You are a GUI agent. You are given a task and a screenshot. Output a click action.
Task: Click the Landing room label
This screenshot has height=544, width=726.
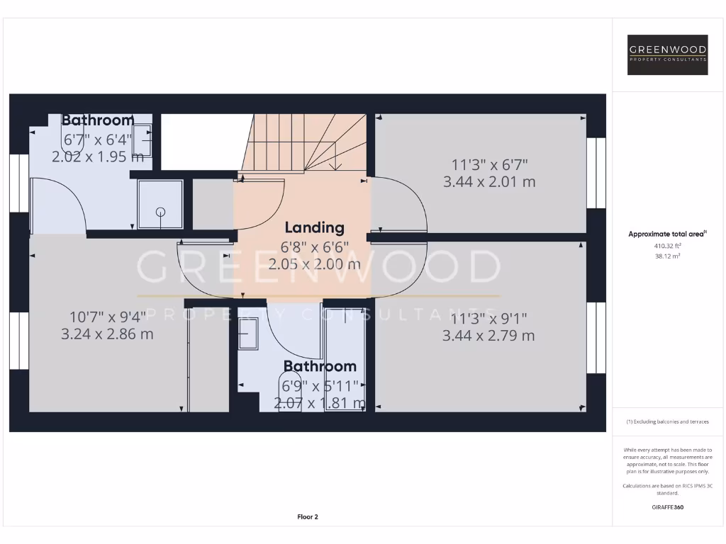point(314,227)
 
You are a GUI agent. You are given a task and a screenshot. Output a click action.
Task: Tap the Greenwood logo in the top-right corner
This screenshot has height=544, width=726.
point(668,55)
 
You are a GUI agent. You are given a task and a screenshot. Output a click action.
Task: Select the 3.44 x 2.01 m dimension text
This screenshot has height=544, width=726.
point(489,182)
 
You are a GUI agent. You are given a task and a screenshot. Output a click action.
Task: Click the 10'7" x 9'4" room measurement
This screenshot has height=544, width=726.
point(108,317)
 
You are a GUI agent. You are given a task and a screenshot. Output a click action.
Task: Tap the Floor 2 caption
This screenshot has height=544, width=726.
point(308,517)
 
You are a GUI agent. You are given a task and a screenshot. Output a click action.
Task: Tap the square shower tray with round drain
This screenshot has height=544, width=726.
point(160,204)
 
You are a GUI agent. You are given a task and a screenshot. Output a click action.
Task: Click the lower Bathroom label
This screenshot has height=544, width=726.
point(320,366)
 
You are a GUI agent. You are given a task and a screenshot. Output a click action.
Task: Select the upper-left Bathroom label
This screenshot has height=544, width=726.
point(98,120)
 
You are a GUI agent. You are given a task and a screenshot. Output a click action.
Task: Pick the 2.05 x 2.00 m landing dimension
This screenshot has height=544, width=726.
point(314,264)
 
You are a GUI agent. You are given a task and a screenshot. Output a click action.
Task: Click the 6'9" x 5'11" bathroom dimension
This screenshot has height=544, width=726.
point(320,386)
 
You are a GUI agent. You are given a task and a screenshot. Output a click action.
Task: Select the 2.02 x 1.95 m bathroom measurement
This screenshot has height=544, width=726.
point(98,156)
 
